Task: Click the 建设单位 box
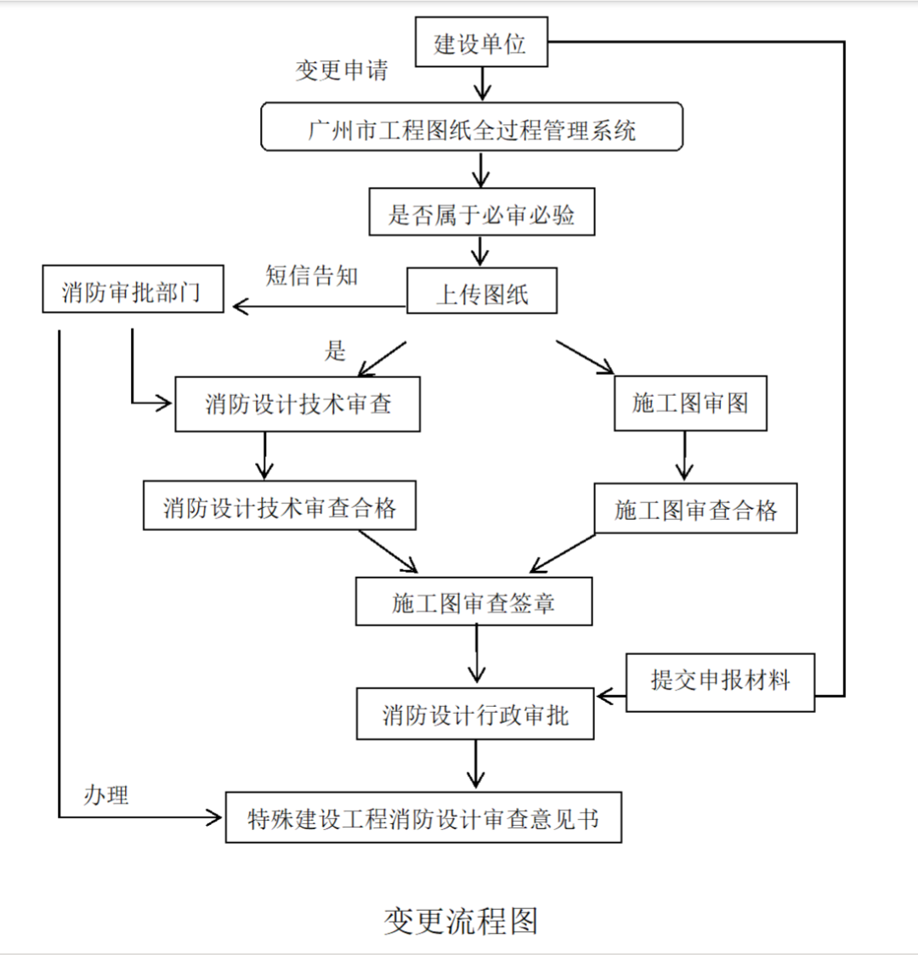pyautogui.click(x=481, y=43)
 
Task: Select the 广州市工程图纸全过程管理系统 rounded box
pyautogui.click(x=471, y=127)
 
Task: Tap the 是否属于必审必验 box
pyautogui.click(x=481, y=212)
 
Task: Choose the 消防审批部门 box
pyautogui.click(x=133, y=290)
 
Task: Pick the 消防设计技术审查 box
pyautogui.click(x=297, y=404)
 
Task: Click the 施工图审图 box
pyautogui.click(x=689, y=404)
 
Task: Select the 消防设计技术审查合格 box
pyautogui.click(x=279, y=506)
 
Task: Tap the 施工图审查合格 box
pyautogui.click(x=694, y=509)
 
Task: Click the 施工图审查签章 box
pyautogui.click(x=473, y=602)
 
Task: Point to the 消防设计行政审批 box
pyautogui.click(x=474, y=715)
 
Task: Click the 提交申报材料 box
pyautogui.click(x=720, y=681)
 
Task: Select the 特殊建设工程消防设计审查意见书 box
pyautogui.click(x=423, y=818)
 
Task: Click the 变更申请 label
pyautogui.click(x=342, y=70)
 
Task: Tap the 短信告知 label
pyautogui.click(x=311, y=275)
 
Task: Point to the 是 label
pyautogui.click(x=336, y=350)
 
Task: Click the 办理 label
pyautogui.click(x=106, y=795)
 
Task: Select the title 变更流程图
pyautogui.click(x=460, y=920)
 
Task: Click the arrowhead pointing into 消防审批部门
pyautogui.click(x=240, y=307)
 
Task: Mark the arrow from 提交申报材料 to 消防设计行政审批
pyautogui.click(x=610, y=697)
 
